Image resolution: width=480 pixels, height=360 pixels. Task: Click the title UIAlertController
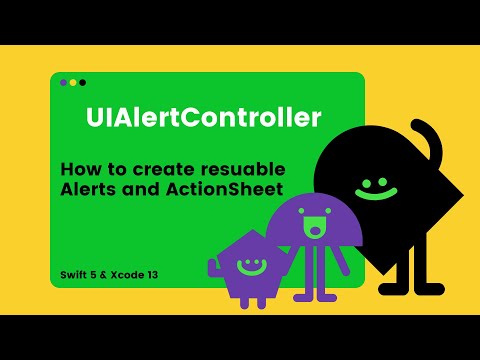pos(203,118)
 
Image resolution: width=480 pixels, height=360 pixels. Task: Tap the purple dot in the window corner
pos(64,82)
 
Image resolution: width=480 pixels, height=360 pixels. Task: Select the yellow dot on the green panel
pos(73,82)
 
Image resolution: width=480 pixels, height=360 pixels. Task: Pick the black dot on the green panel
pos(82,82)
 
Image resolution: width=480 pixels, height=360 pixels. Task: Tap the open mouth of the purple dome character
pos(316,229)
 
